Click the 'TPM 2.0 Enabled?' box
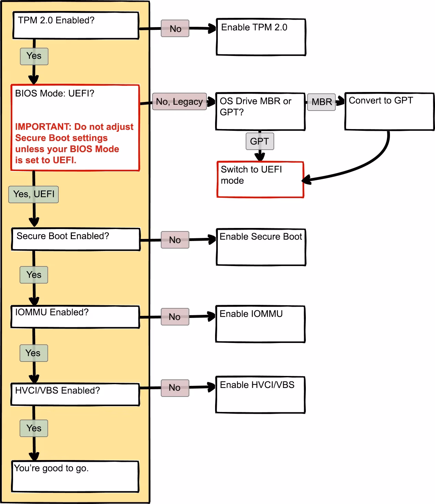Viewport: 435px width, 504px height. [x=76, y=25]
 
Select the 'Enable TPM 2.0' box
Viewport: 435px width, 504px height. [x=261, y=37]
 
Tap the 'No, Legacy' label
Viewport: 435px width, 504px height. [x=179, y=102]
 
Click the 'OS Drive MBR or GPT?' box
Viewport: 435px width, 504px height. [x=260, y=112]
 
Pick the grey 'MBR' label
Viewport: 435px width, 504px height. [x=321, y=102]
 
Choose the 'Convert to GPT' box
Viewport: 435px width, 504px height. [x=389, y=112]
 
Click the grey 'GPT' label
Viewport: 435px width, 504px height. [x=259, y=141]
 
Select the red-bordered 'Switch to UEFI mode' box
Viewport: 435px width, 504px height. [x=260, y=180]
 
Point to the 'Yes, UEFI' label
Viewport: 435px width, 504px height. [x=34, y=194]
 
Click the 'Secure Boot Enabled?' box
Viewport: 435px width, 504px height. [x=76, y=239]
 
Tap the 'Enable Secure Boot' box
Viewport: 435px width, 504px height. [x=261, y=247]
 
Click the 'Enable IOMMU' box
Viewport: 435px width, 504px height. [x=260, y=324]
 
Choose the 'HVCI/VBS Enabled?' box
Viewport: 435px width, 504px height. [x=75, y=394]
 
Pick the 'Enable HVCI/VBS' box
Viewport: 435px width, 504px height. [x=260, y=395]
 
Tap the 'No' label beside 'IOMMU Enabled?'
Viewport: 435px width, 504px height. [x=175, y=317]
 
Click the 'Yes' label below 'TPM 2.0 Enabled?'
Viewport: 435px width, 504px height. [x=34, y=56]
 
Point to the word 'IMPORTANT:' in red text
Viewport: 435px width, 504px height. [x=43, y=127]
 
